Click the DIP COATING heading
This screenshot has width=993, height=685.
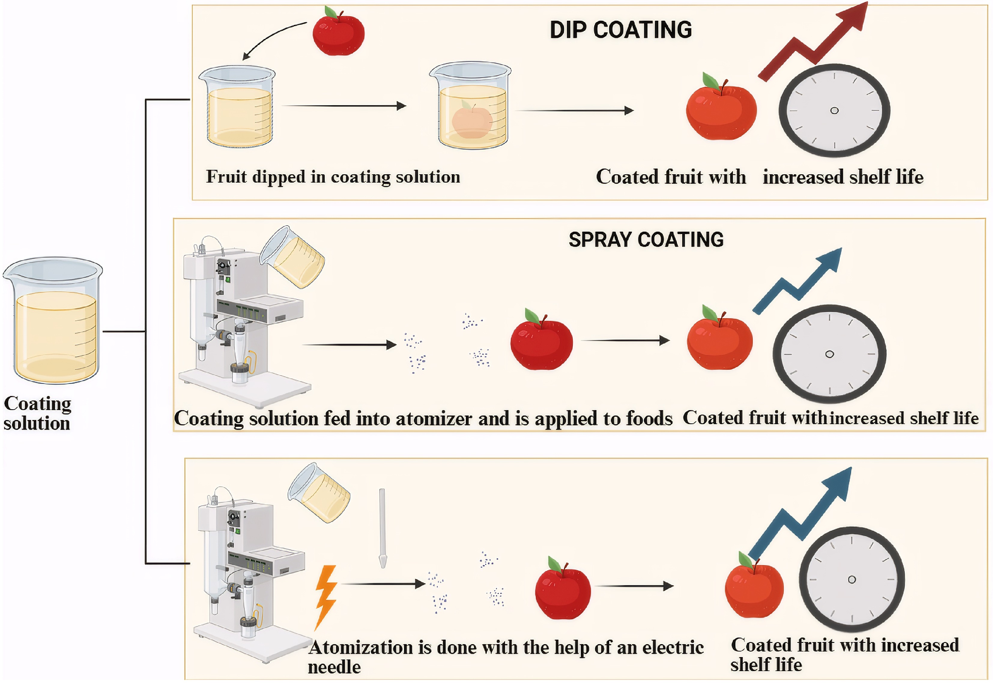coord(621,30)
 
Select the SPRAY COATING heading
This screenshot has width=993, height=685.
coord(646,239)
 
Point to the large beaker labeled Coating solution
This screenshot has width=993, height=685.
coord(53,320)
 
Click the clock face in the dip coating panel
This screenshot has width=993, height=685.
coord(834,111)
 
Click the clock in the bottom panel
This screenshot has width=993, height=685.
coord(852,580)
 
